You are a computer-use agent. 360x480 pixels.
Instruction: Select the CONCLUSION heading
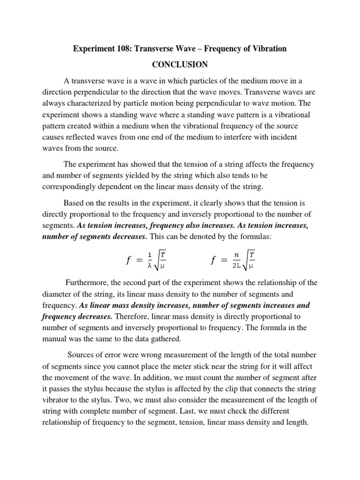[x=180, y=64]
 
